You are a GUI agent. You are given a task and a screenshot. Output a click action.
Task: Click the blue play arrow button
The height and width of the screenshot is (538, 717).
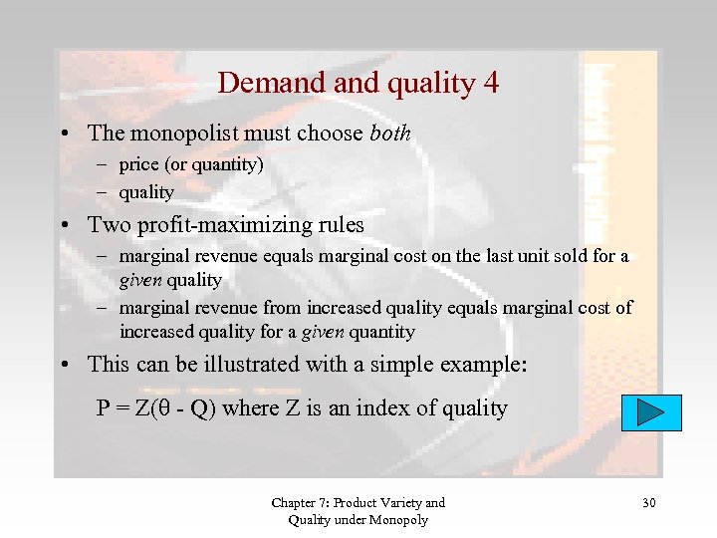point(651,412)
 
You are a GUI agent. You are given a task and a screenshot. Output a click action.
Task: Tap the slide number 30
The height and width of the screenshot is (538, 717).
point(648,503)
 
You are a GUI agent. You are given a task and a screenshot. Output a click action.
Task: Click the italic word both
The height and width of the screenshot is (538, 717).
point(389,134)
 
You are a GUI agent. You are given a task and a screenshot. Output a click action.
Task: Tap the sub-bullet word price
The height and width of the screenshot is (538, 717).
point(138,164)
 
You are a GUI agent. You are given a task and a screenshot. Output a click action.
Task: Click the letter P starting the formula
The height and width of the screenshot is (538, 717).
point(103,408)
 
